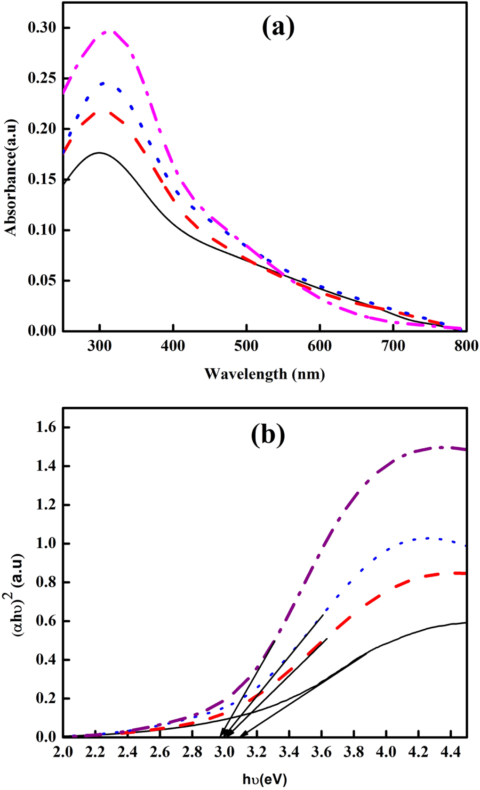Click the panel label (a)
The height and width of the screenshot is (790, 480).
pyautogui.click(x=278, y=27)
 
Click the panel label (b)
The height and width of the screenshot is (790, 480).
pyautogui.click(x=268, y=435)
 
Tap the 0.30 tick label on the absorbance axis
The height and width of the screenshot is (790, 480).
pyautogui.click(x=42, y=28)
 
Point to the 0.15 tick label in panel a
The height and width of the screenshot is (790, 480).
pyautogui.click(x=42, y=180)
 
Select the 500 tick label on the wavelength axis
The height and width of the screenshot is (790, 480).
pyautogui.click(x=246, y=346)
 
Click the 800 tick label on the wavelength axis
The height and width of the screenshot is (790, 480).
pyautogui.click(x=466, y=346)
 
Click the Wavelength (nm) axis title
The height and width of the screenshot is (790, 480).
pyautogui.click(x=264, y=374)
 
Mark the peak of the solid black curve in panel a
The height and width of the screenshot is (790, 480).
pyautogui.click(x=99, y=152)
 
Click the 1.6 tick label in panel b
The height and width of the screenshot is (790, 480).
pyautogui.click(x=46, y=428)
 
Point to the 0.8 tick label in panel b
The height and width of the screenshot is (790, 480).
pyautogui.click(x=46, y=582)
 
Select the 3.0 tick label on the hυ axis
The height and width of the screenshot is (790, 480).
pyautogui.click(x=224, y=752)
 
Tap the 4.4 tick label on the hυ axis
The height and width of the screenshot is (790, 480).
pyautogui.click(x=450, y=752)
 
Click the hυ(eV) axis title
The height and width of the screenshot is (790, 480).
pyautogui.click(x=264, y=780)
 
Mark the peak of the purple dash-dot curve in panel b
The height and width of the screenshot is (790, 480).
pyautogui.click(x=441, y=447)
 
